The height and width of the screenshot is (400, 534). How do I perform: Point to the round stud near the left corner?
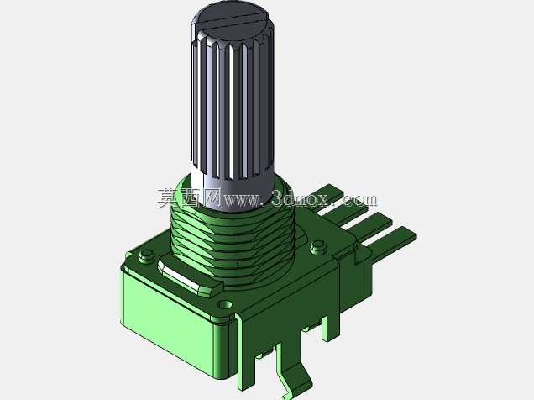tap(147, 254)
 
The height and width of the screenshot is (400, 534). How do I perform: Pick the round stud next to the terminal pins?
tap(317, 245)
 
